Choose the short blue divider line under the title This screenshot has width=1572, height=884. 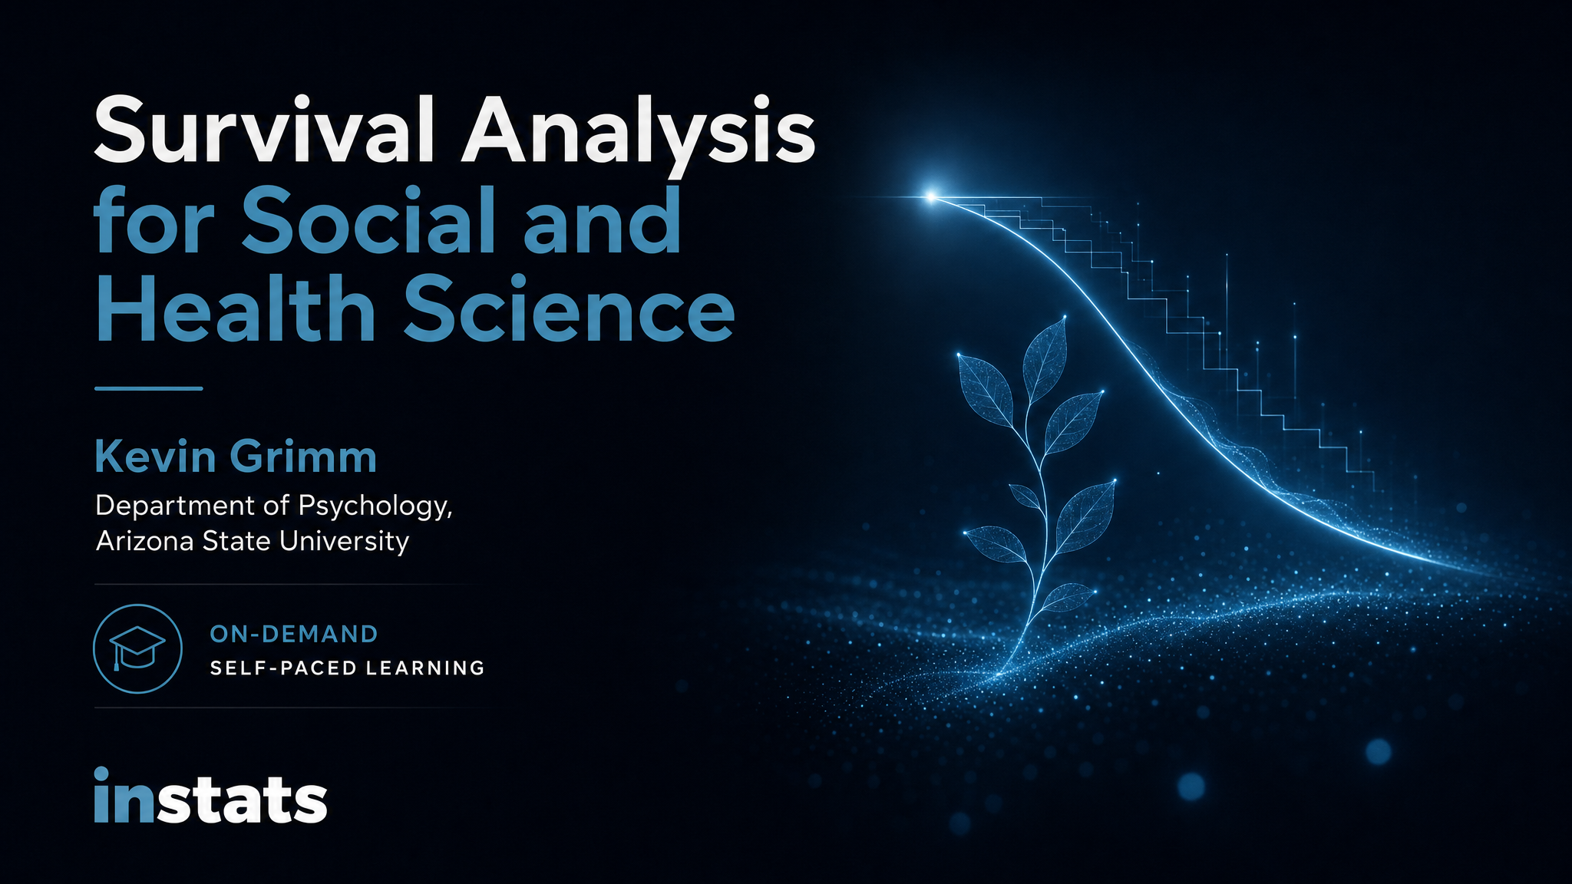(x=148, y=388)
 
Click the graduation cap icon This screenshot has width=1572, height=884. (x=137, y=649)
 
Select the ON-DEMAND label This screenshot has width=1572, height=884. (x=294, y=634)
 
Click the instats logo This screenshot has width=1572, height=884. (x=210, y=797)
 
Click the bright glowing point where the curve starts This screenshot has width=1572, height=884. (x=931, y=197)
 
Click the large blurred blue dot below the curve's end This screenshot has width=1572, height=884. (x=1378, y=751)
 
